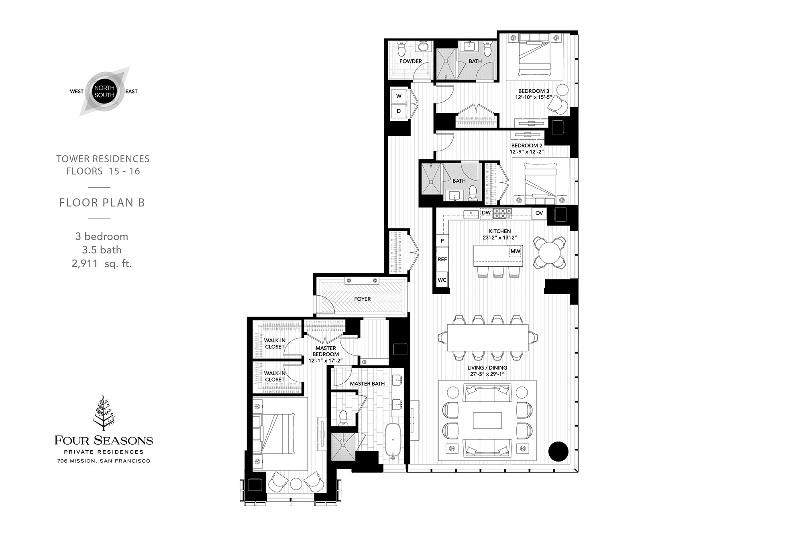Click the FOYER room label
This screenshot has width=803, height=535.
coord(362,299)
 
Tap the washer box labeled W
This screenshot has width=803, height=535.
coord(399,96)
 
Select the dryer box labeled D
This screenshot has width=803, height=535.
coord(399,111)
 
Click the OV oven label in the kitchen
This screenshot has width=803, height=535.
coord(539,213)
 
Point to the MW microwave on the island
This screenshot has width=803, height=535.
coord(516,251)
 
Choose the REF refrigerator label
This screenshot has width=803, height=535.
coord(442,259)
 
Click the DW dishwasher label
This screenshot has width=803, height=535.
coord(486,213)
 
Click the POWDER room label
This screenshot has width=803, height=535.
coord(410,61)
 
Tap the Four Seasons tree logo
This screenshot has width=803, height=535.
coord(104,413)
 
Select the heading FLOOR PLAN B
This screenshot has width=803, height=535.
coord(102,203)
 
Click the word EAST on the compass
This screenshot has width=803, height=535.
coord(131,92)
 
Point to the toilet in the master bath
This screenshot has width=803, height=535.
coord(343,417)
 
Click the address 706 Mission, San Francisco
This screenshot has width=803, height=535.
coord(104,461)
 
